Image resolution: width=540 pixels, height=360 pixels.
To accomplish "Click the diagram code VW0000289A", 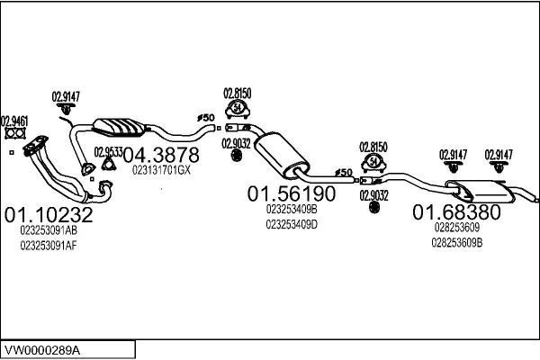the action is (x=42, y=351).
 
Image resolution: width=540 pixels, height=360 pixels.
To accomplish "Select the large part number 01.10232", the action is (x=49, y=214).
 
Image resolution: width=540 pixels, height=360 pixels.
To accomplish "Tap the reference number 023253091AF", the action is (x=49, y=246).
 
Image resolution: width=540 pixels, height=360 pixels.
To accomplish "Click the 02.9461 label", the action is (x=14, y=121).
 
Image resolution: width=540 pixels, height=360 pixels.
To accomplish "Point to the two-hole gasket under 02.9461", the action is (x=15, y=133).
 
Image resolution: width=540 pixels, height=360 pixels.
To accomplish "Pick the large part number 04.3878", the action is (x=161, y=155).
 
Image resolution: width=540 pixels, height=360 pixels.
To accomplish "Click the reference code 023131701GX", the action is (x=161, y=170).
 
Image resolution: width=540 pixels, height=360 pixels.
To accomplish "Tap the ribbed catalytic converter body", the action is (x=119, y=127).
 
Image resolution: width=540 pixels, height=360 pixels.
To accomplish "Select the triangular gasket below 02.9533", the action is (x=109, y=164).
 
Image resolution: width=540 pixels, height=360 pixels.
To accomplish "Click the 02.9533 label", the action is (x=109, y=152).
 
